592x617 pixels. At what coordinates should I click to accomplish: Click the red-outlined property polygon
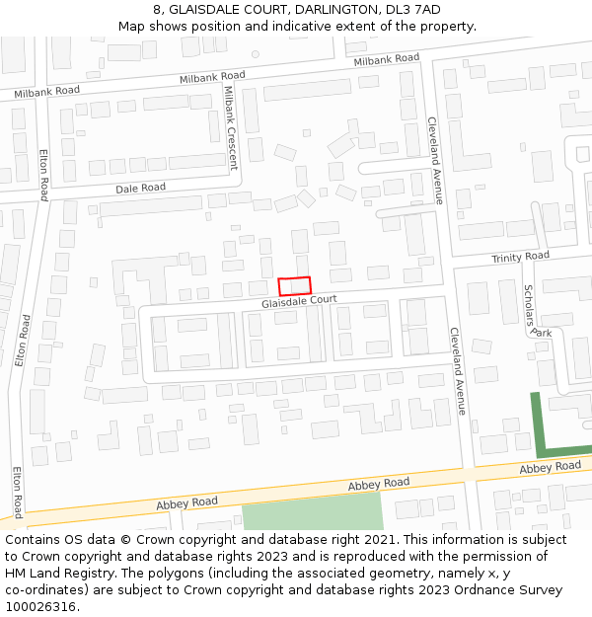(x=294, y=285)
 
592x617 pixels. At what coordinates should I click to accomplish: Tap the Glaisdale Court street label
(x=299, y=300)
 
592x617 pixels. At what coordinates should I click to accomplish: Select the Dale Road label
(x=140, y=188)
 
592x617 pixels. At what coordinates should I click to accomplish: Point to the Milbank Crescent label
(x=231, y=128)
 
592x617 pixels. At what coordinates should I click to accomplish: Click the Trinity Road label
(x=520, y=257)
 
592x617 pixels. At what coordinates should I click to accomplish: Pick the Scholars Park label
(x=534, y=311)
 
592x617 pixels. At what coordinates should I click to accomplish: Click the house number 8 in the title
(x=158, y=9)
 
